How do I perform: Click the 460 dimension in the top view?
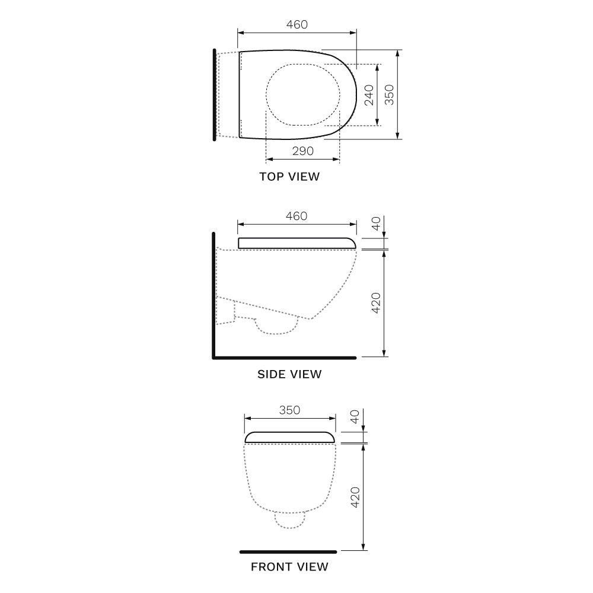click(x=297, y=24)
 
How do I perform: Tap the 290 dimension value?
click(x=303, y=151)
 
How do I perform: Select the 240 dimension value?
click(x=369, y=95)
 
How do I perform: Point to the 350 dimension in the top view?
click(x=389, y=95)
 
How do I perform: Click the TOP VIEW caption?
click(x=290, y=177)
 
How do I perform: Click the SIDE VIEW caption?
click(x=290, y=374)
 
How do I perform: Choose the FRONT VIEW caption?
click(x=290, y=567)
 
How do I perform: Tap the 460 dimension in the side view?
click(x=296, y=216)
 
